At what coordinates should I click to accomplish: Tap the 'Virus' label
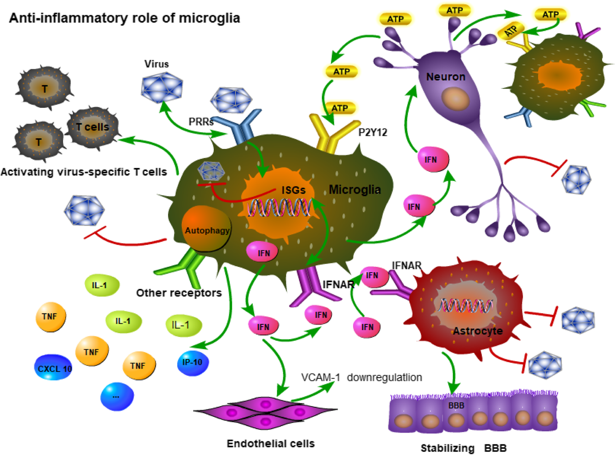(x=156, y=64)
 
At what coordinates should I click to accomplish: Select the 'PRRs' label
(x=201, y=122)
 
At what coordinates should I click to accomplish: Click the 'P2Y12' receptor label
(x=373, y=132)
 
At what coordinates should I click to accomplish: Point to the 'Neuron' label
(x=446, y=77)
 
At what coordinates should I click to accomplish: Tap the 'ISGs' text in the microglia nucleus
(x=293, y=190)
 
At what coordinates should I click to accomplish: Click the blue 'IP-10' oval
(x=193, y=363)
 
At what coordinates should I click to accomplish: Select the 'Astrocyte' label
(x=478, y=331)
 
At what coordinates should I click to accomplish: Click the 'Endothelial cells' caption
(x=271, y=444)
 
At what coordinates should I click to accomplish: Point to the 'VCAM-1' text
(x=320, y=377)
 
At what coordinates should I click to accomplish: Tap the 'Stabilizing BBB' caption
(x=463, y=448)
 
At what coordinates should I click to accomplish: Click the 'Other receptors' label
(x=179, y=293)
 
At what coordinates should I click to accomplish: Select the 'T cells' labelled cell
(x=92, y=127)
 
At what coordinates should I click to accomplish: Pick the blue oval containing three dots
(x=117, y=396)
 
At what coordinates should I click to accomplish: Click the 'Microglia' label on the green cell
(x=355, y=189)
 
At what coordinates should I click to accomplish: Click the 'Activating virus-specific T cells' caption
(x=84, y=172)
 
